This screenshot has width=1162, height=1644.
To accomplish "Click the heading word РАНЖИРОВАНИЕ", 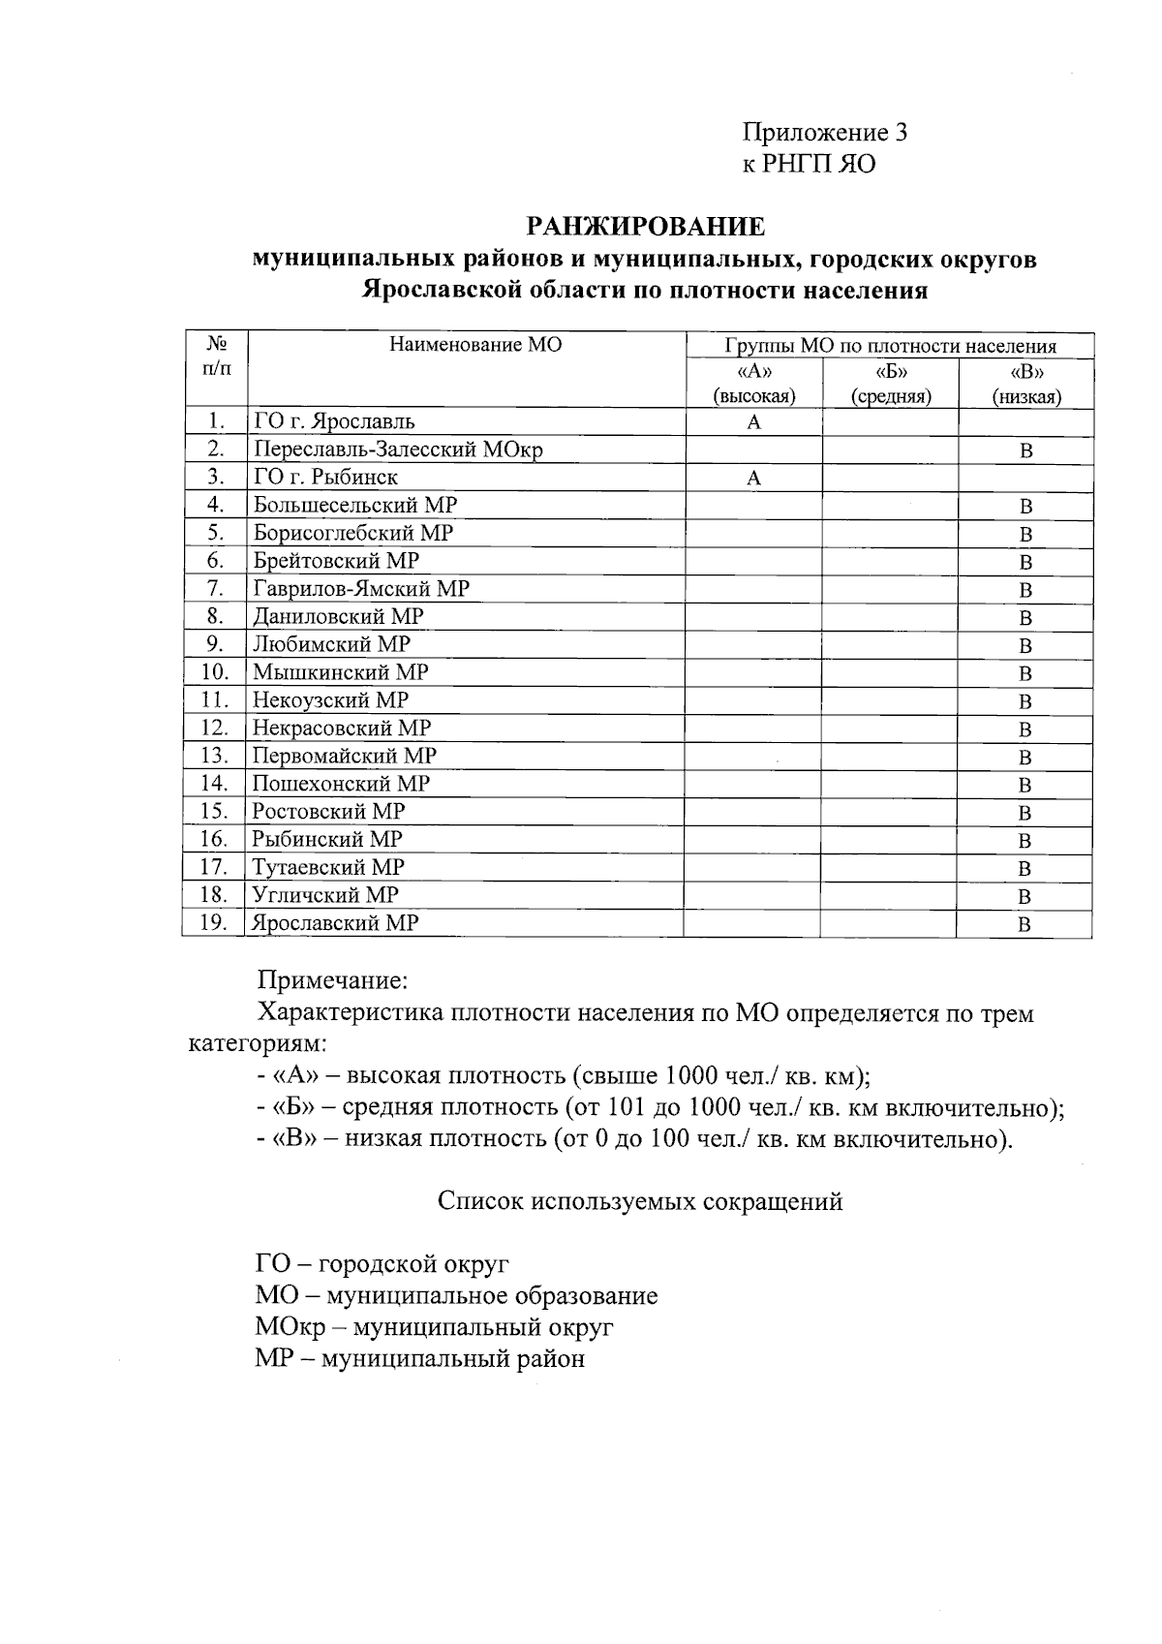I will (646, 228).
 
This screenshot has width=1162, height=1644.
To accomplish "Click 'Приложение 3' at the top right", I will (825, 133).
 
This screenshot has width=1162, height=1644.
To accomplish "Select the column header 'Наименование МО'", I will (475, 345).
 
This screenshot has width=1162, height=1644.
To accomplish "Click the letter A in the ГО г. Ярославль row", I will (754, 422).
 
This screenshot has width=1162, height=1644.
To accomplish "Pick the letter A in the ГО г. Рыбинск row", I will (754, 479).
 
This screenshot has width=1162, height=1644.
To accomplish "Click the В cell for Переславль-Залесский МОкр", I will (1026, 450).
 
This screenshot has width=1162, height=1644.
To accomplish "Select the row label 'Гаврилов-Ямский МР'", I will (361, 589).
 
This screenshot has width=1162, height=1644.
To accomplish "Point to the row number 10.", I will (214, 672).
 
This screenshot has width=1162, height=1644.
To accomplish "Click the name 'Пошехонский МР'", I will (341, 784).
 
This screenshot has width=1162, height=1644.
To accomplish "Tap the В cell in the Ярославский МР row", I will (1024, 925).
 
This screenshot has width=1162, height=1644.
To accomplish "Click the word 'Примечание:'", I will (332, 981).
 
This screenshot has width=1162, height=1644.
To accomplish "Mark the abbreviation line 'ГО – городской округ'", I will (382, 1264).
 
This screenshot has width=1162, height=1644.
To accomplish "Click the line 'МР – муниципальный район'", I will (420, 1358).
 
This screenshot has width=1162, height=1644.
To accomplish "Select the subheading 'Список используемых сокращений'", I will (640, 1202).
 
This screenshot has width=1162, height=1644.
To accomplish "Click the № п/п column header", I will (217, 356).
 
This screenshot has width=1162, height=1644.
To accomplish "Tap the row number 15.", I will (214, 812).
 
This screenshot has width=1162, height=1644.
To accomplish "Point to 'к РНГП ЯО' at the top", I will (809, 165).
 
